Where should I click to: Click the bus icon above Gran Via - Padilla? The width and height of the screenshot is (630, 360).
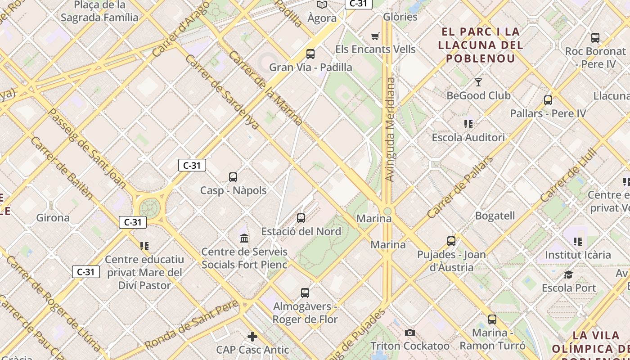click(310, 54)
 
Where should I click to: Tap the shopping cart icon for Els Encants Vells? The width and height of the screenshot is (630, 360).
click(375, 36)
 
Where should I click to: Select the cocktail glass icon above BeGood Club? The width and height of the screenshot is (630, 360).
click(478, 82)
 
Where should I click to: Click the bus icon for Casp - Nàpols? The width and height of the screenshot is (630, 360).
click(233, 177)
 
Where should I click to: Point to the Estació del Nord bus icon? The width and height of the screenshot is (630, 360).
click(301, 218)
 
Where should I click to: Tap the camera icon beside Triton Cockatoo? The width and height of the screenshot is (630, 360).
click(409, 333)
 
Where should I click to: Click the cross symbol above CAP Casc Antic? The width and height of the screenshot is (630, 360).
click(252, 336)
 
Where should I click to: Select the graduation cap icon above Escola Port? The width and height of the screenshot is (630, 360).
click(569, 274)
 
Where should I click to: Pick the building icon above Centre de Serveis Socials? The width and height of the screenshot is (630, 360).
click(244, 238)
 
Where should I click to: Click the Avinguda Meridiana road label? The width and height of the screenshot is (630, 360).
click(390, 130)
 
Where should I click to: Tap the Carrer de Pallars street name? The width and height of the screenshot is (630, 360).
click(459, 187)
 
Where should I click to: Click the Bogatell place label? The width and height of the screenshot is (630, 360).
click(495, 216)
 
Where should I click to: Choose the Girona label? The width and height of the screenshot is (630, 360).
click(53, 218)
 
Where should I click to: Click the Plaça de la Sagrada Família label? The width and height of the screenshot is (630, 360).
click(99, 11)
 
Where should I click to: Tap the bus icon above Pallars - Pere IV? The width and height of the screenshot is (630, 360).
click(548, 100)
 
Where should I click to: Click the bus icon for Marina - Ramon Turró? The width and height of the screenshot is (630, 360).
click(492, 319)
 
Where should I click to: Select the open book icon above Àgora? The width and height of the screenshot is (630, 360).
click(322, 5)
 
